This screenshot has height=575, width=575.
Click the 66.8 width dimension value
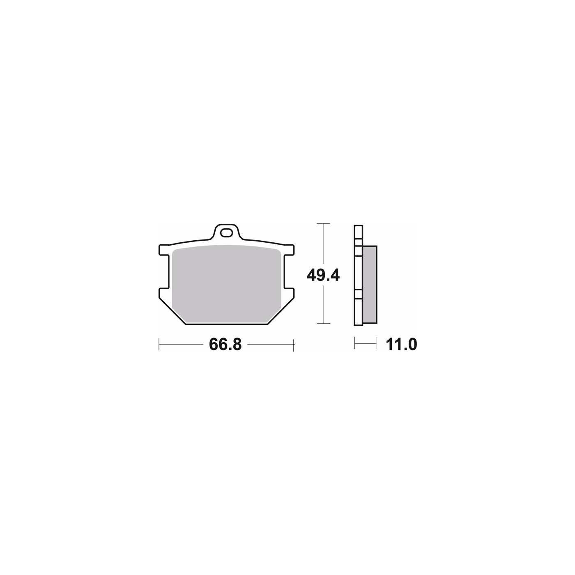pyautogui.click(x=225, y=345)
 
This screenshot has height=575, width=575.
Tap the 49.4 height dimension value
pyautogui.click(x=323, y=276)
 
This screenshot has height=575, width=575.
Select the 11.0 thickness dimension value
pyautogui.click(x=401, y=345)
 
